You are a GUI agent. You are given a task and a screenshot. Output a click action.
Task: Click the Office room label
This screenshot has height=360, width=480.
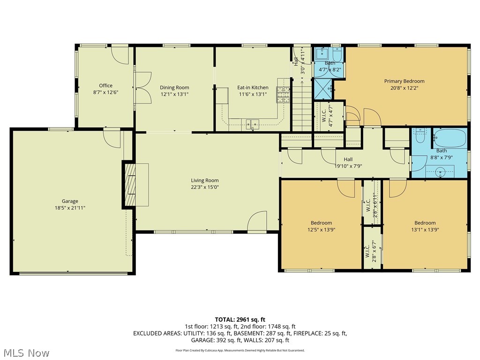click(x=105, y=85)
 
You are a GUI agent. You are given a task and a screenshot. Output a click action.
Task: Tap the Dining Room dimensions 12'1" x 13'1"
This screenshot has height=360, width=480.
click(x=174, y=94)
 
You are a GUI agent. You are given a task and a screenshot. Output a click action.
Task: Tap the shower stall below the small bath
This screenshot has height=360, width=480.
click(x=322, y=87)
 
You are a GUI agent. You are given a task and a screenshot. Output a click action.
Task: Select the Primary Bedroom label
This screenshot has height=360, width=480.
click(x=404, y=81)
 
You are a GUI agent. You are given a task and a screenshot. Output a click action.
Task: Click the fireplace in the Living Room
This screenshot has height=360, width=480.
click(x=129, y=184)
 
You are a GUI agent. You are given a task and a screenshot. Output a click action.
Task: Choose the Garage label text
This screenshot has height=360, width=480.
click(x=70, y=201)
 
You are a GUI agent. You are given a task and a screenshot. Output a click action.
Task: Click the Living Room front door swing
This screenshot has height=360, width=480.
click(x=257, y=221)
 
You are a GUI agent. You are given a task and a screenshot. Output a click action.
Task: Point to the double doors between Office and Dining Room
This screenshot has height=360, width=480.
click(x=142, y=88)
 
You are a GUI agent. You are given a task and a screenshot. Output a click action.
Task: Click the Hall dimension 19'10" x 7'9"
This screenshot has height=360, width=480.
click(x=348, y=166)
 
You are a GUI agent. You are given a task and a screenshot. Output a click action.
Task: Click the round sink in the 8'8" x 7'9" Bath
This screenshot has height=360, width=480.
click(x=441, y=172)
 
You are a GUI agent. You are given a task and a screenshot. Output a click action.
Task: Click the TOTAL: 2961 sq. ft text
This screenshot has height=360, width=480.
click(x=240, y=319)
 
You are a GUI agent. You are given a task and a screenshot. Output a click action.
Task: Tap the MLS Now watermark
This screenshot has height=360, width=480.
click(x=26, y=352)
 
